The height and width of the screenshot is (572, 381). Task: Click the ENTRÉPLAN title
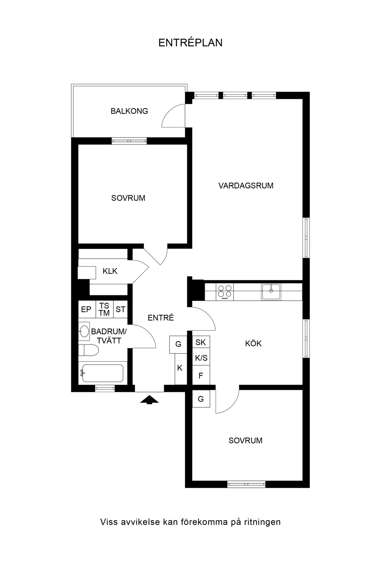pyautogui.click(x=190, y=43)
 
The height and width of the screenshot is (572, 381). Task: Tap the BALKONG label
pyautogui.click(x=129, y=111)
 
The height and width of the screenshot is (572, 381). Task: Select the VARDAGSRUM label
pyautogui.click(x=246, y=185)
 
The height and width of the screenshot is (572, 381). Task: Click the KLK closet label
pyautogui.click(x=110, y=271)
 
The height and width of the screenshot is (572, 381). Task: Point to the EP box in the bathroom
pyautogui.click(x=86, y=309)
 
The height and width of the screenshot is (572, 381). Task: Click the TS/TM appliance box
pyautogui.click(x=104, y=309)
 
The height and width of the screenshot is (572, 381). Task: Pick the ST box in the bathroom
pyautogui.click(x=121, y=309)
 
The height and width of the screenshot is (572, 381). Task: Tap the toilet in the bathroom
pyautogui.click(x=88, y=350)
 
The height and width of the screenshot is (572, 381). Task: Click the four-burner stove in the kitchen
pyautogui.click(x=225, y=291)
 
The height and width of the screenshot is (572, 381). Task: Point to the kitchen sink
pyautogui.click(x=271, y=292)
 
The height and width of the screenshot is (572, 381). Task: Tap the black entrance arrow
pyautogui.click(x=150, y=400)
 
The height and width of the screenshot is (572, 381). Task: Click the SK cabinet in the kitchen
pyautogui.click(x=201, y=342)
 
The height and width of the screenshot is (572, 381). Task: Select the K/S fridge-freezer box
pyautogui.click(x=201, y=358)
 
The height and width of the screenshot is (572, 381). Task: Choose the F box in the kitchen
pyautogui.click(x=201, y=375)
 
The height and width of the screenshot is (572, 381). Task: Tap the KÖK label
pyautogui.click(x=254, y=344)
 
